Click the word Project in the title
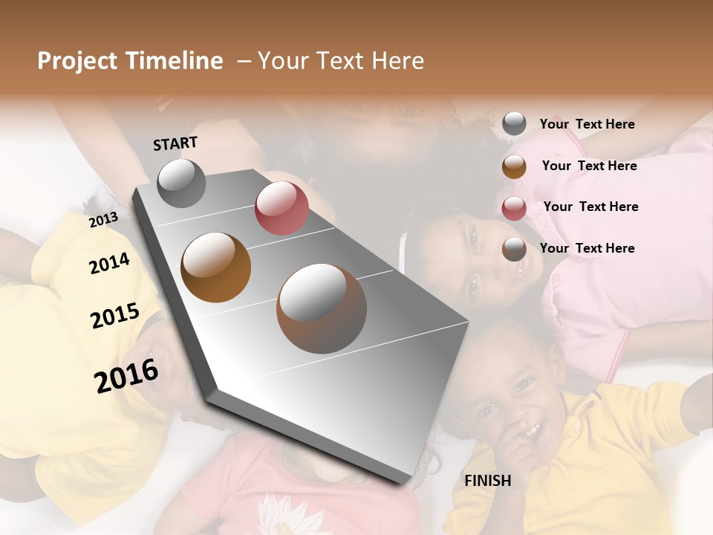[x=77, y=62]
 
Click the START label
[x=175, y=143]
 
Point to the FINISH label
[x=487, y=481]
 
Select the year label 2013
[x=103, y=219]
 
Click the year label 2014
[x=109, y=263]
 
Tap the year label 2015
[x=115, y=316]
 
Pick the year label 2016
[x=126, y=376]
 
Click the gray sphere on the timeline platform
[x=181, y=183]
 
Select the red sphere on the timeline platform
[x=281, y=207]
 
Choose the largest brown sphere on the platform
[x=322, y=308]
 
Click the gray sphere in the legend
[x=514, y=124]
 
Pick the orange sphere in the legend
[x=514, y=166]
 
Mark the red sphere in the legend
[x=514, y=207]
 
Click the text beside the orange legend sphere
[x=589, y=166]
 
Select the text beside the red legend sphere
[x=590, y=207]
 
